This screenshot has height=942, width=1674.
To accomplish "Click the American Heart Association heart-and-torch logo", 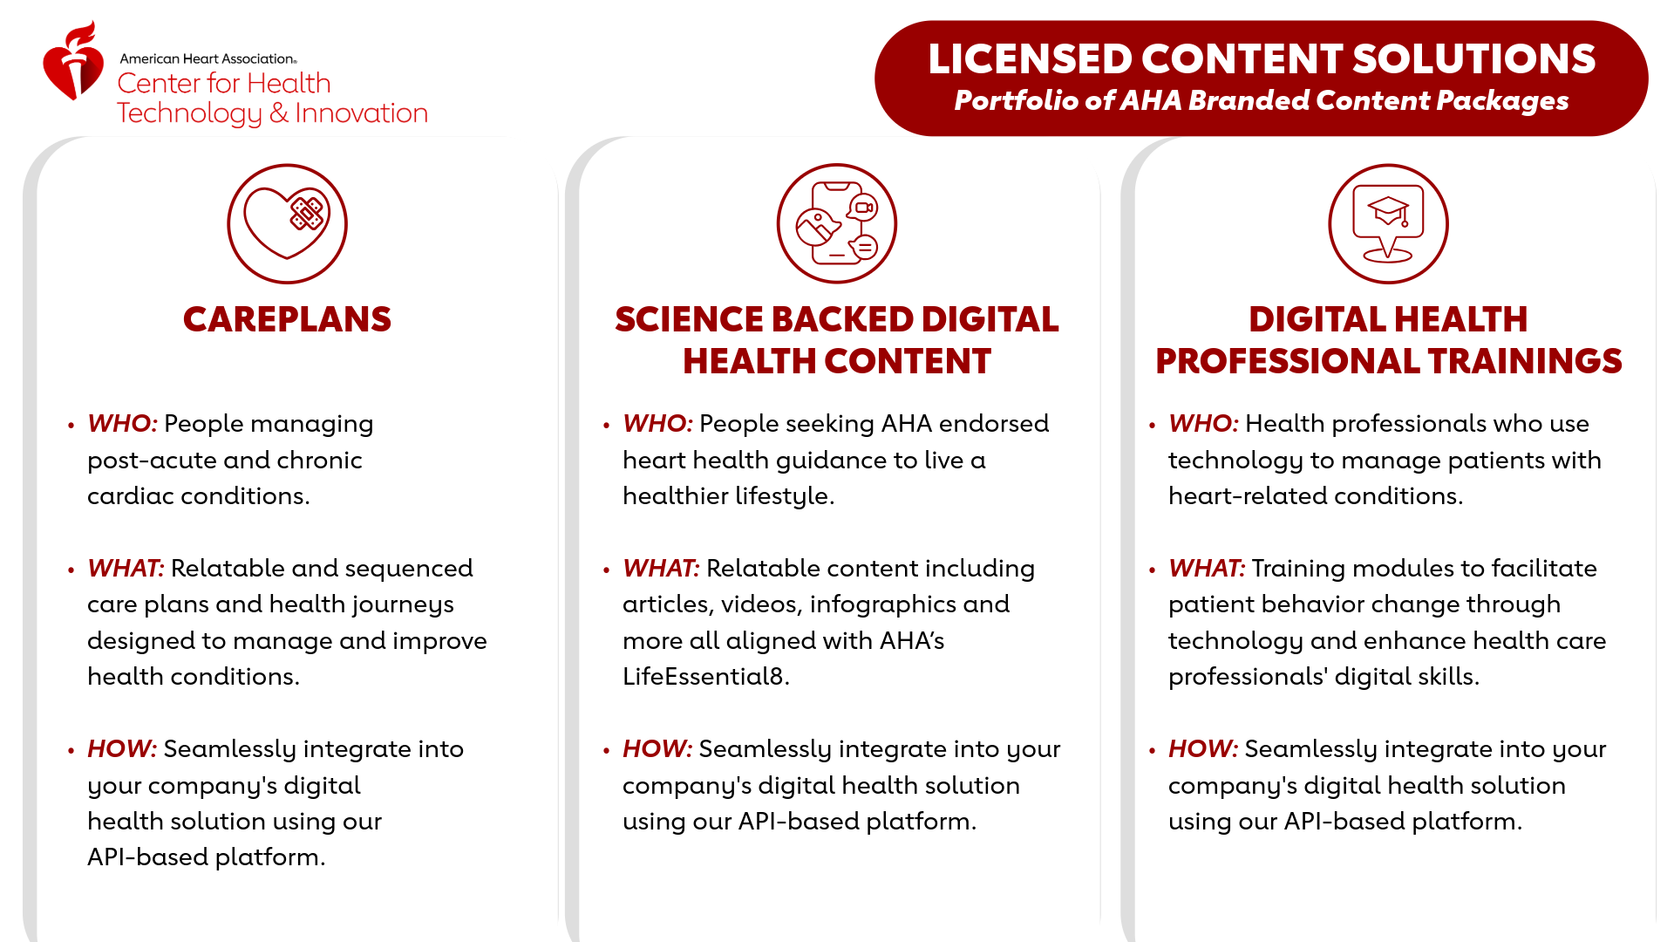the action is tap(74, 61).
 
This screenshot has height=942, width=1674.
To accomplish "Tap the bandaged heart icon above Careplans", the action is tap(287, 223).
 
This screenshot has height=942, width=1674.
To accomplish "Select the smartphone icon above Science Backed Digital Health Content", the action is tap(837, 223).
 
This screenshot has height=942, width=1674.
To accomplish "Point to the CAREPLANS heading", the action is tap(287, 319).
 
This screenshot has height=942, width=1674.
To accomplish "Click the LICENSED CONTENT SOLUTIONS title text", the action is tap(1262, 59).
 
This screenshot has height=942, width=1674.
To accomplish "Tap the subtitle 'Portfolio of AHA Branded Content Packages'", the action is tap(1262, 100).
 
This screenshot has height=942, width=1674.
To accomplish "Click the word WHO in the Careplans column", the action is tap(122, 424).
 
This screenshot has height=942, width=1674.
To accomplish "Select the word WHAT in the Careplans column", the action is tap(126, 569).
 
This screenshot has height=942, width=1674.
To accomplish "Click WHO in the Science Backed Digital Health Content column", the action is tap(657, 424).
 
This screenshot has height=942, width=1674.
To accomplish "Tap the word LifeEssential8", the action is tap(705, 677).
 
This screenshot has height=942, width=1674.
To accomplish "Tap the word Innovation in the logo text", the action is tap(361, 113).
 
